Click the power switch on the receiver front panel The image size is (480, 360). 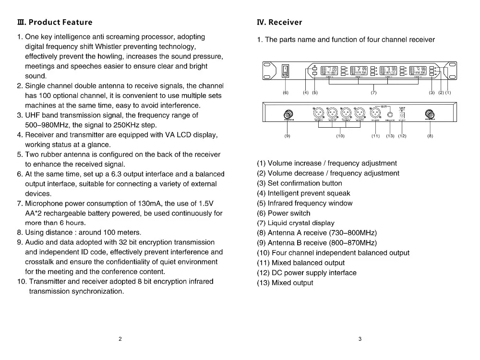coord(286,72)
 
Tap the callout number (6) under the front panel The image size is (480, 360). coord(286,93)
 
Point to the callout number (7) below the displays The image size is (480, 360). coord(374,93)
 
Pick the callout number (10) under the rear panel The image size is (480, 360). coord(340,136)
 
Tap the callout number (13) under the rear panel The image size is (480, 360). coord(390,136)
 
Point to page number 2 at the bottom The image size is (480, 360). coord(120,339)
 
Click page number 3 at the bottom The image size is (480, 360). coord(360,339)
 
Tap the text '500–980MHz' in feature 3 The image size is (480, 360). coord(47,125)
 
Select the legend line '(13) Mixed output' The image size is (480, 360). coord(285,283)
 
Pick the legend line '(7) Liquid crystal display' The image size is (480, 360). coord(296,223)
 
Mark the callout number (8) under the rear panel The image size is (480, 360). coord(430,136)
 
